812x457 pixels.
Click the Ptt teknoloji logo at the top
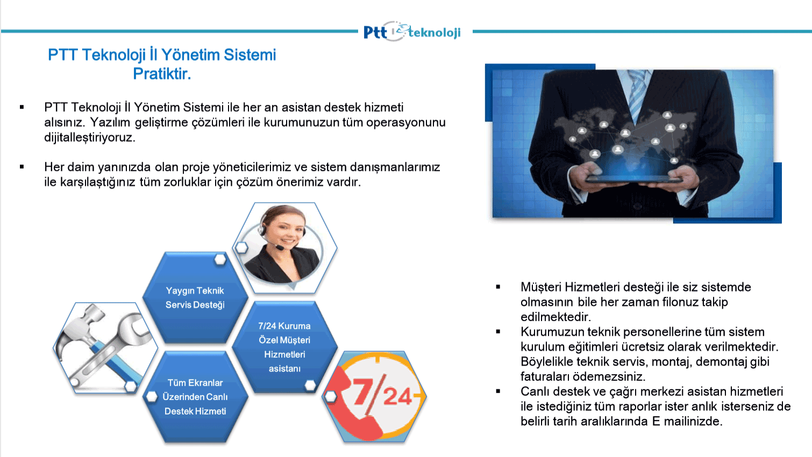(412, 32)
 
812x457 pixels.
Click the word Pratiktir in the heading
(162, 74)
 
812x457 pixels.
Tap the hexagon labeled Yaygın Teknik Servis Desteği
(195, 297)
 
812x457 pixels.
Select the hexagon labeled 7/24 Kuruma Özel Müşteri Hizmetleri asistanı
(284, 347)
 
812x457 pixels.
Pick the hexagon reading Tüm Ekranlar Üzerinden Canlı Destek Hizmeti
(195, 397)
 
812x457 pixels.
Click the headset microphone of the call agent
(280, 248)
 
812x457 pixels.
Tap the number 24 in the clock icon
(397, 396)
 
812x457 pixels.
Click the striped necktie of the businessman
(637, 92)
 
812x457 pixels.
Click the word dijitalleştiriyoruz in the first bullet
(90, 137)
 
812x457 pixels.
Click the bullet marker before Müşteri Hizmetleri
(498, 287)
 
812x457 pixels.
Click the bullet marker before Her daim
(22, 167)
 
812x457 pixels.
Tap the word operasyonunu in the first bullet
(405, 123)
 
